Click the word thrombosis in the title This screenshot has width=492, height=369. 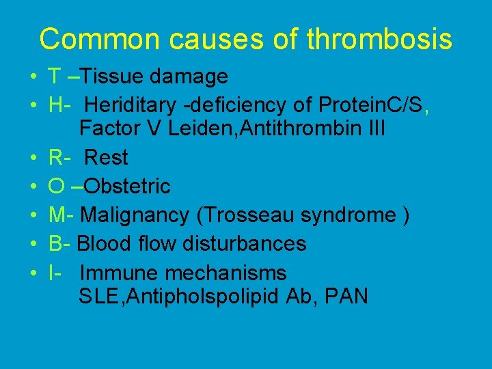coord(379,39)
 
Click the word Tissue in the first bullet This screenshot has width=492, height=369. coord(113,77)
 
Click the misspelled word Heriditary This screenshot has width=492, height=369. coord(130,106)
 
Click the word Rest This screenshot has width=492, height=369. coord(106,157)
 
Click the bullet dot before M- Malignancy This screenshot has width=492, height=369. coord(33,216)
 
